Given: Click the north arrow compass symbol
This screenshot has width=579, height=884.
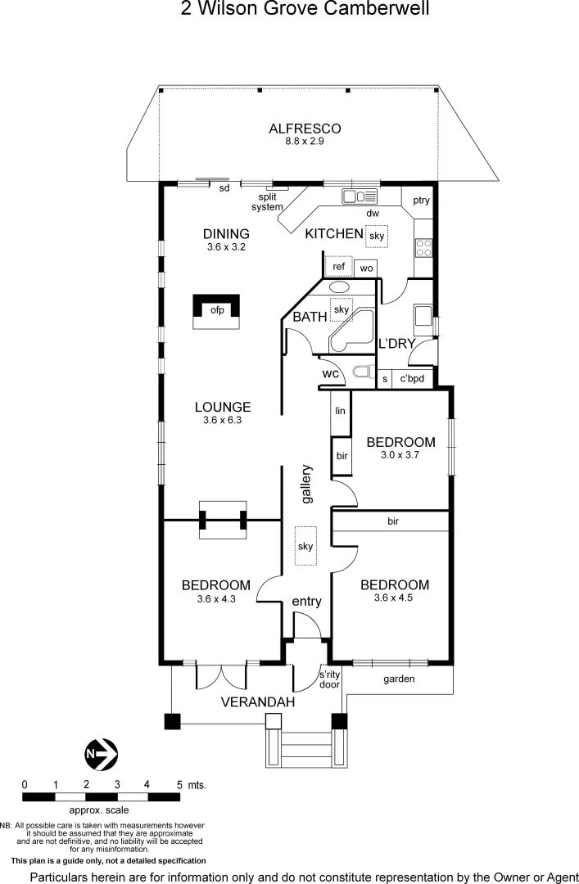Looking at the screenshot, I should tap(102, 753).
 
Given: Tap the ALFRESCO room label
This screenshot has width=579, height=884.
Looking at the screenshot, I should tap(305, 129).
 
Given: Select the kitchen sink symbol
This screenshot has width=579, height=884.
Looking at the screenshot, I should tap(359, 196).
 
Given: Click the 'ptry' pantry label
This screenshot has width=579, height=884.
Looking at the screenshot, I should tap(422, 201).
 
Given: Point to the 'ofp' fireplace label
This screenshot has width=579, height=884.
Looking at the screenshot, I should tap(217, 310).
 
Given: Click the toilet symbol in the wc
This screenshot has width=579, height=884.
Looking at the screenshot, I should tap(360, 373).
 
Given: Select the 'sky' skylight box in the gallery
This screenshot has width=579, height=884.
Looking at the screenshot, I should tap(305, 546).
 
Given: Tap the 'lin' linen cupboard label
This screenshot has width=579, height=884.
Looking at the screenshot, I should tap(340, 411).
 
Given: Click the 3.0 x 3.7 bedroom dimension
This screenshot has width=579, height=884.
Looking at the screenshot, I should tap(400, 455).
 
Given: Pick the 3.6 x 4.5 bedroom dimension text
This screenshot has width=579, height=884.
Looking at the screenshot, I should tap(395, 598).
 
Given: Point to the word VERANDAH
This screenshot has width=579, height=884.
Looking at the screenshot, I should tap(258, 702).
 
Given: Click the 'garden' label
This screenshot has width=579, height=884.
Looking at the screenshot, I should tap(399, 679).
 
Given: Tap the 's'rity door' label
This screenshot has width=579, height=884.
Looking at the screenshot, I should tap(330, 679).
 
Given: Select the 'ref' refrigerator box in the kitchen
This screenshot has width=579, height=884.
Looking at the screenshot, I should tap(338, 267).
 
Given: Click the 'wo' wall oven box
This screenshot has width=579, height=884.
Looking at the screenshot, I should tap(366, 268).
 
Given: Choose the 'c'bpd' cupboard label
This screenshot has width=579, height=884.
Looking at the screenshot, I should tap(411, 379).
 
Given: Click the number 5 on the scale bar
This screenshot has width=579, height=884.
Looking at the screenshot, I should tap(179, 784).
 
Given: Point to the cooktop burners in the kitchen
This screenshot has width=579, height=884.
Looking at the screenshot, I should tap(424, 246).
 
